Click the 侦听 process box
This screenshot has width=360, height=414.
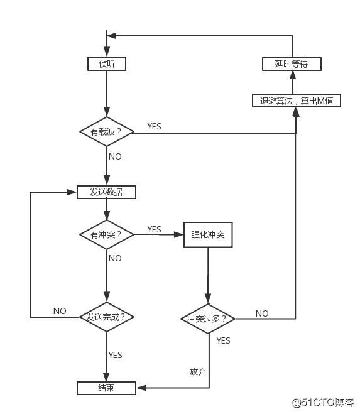[107, 63]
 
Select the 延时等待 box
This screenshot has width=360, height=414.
[292, 64]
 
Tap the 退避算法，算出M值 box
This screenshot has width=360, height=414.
[296, 101]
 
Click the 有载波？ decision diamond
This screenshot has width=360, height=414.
[107, 132]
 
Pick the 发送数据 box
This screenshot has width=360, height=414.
[107, 192]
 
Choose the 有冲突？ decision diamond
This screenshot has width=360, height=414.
[107, 234]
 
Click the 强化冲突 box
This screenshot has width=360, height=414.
[207, 234]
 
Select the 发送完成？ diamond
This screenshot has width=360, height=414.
[107, 317]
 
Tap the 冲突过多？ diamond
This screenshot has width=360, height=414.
[207, 319]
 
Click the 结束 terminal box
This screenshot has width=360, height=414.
[107, 388]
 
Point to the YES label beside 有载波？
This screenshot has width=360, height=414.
[154, 126]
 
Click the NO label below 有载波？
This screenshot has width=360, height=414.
[115, 156]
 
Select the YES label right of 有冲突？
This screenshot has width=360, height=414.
[154, 229]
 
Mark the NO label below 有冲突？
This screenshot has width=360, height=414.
[115, 258]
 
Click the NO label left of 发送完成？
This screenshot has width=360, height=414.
[60, 311]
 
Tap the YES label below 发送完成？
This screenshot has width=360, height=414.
[115, 355]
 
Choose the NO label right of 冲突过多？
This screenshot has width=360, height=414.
[262, 313]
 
